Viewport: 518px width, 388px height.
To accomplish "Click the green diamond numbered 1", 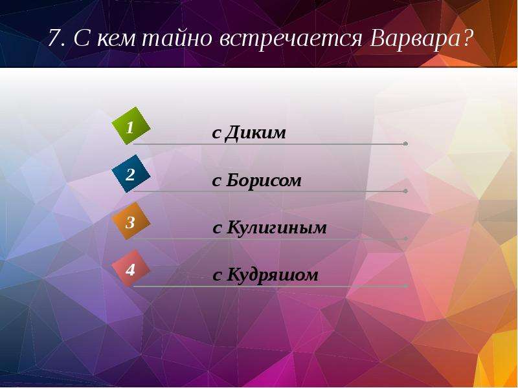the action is [131, 125].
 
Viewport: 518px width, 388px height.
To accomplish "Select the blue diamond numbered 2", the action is [131, 173].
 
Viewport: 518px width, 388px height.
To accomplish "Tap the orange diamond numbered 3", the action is [131, 221].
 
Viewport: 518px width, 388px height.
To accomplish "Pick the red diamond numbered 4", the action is [131, 268].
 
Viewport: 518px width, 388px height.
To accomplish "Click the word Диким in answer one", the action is [255, 133].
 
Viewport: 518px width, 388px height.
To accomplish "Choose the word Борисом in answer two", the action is [264, 180].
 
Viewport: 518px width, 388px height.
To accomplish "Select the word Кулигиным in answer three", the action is [276, 228].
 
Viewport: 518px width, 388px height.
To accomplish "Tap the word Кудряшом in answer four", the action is [272, 275].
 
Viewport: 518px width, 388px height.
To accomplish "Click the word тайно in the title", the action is [177, 39].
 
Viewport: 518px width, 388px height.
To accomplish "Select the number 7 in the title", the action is [54, 38].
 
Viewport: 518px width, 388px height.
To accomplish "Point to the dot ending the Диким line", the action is [406, 144].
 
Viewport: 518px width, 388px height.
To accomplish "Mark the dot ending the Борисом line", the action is [406, 191].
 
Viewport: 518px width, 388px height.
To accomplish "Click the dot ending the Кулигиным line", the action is [406, 239].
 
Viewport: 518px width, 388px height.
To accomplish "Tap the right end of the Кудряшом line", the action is [407, 286].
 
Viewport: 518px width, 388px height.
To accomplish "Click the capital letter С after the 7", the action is [82, 38].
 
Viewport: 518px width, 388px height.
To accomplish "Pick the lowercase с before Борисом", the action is [216, 182].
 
